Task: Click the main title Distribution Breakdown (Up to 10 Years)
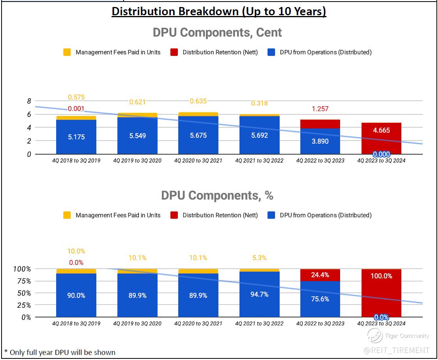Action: click(219, 11)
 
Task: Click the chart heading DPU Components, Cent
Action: click(217, 32)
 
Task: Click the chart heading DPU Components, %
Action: click(217, 195)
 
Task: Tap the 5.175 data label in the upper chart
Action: click(76, 137)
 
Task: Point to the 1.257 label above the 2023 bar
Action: click(320, 109)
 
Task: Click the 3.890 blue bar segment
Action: click(320, 141)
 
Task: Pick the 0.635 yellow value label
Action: click(198, 102)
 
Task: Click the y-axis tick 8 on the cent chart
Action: click(29, 101)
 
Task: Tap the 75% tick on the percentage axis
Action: click(23, 281)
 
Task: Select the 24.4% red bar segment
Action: click(320, 275)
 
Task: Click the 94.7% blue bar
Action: click(259, 294)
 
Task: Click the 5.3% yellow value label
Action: click(259, 258)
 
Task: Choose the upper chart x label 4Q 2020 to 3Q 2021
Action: click(198, 160)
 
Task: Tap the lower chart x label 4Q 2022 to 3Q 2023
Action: click(320, 323)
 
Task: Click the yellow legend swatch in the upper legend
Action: click(67, 52)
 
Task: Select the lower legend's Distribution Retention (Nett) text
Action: click(220, 215)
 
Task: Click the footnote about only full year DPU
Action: click(60, 352)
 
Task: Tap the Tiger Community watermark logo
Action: click(375, 335)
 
